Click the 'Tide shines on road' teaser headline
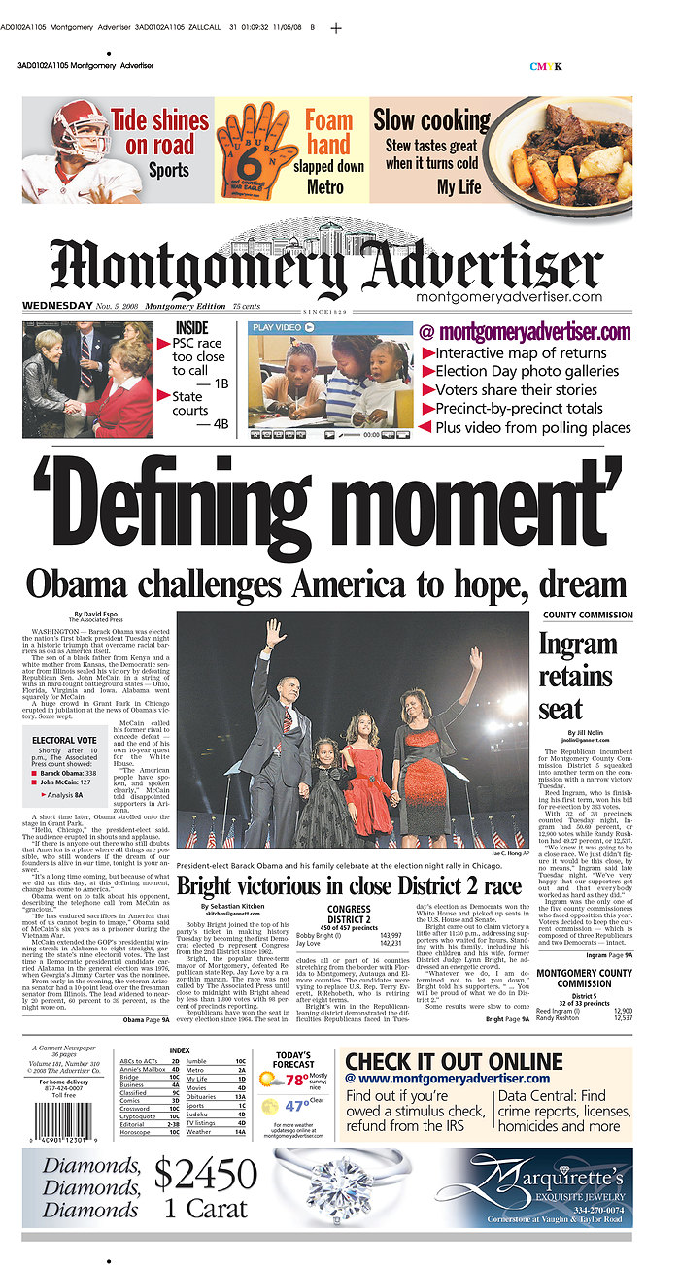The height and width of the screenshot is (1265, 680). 159,133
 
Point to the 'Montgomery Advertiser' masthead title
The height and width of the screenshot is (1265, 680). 326,264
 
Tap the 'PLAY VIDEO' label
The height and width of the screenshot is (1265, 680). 277,328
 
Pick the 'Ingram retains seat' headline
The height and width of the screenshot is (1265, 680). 577,676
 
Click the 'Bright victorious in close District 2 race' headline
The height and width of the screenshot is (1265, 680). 349,886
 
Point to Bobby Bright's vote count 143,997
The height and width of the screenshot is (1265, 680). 413,935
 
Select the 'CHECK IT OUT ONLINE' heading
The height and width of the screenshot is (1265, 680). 454,1061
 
